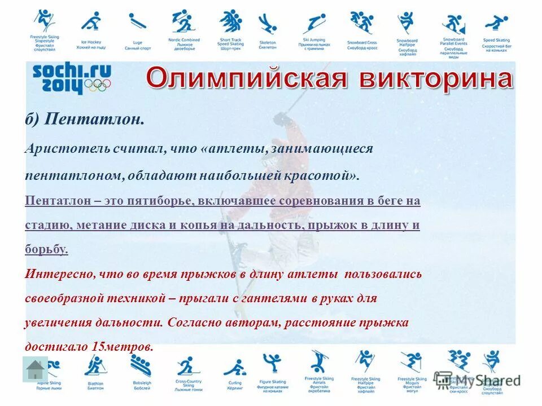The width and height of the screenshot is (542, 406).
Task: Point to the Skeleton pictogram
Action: [267, 24]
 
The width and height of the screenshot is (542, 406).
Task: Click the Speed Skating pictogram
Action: [496, 24]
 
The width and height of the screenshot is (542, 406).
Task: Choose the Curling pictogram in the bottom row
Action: [234, 368]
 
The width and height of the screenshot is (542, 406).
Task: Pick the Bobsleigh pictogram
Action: [141, 367]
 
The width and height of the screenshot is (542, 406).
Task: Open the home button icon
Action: [35, 370]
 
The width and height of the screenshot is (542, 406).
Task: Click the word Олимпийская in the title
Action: [246, 80]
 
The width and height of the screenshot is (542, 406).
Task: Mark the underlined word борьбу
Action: [46, 249]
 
